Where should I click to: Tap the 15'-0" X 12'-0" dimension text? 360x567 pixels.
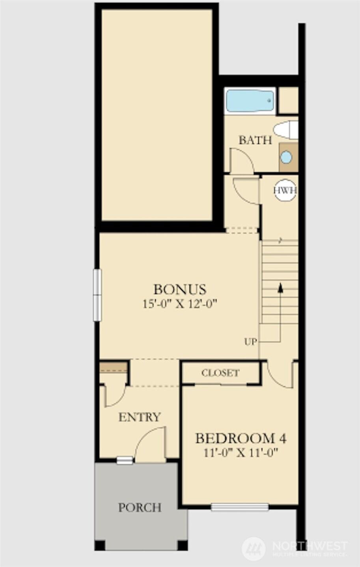click(180, 304)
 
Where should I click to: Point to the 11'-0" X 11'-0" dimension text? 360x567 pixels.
click(241, 453)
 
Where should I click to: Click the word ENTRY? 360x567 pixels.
click(140, 417)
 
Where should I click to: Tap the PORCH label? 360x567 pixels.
click(140, 507)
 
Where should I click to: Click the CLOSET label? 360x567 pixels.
click(220, 373)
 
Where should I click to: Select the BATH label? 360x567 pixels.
click(256, 140)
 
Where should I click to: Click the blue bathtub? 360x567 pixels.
click(250, 101)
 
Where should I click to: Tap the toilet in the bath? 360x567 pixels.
click(286, 130)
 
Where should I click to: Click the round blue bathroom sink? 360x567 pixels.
click(286, 157)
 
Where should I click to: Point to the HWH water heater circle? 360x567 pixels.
click(285, 190)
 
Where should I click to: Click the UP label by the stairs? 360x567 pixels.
click(250, 342)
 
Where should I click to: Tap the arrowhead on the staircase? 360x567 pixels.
click(280, 288)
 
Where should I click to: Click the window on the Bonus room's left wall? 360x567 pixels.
click(97, 295)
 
